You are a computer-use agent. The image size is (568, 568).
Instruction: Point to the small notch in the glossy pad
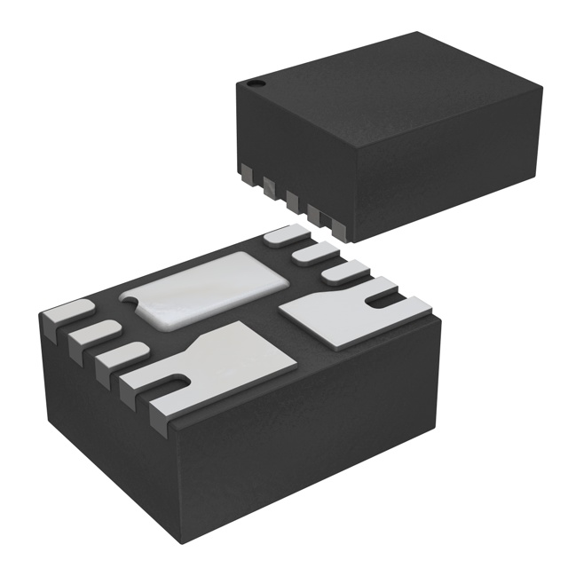(x=133, y=304)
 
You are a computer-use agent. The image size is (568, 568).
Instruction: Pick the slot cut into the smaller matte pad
(x=383, y=304)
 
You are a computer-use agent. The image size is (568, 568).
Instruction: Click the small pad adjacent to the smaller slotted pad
(x=344, y=272)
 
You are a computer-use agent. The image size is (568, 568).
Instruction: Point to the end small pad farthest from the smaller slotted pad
(x=284, y=236)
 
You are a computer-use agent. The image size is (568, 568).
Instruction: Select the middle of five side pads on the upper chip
(x=290, y=196)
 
